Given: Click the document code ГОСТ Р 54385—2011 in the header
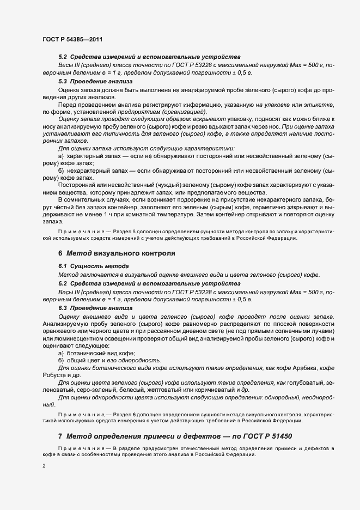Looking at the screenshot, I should [72, 39].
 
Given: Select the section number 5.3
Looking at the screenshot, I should [63, 81].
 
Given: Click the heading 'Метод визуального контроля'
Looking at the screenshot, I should [129, 253].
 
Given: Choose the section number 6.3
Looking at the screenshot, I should [63, 308].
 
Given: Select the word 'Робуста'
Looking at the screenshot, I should [54, 376].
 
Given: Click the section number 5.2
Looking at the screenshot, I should [63, 57].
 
